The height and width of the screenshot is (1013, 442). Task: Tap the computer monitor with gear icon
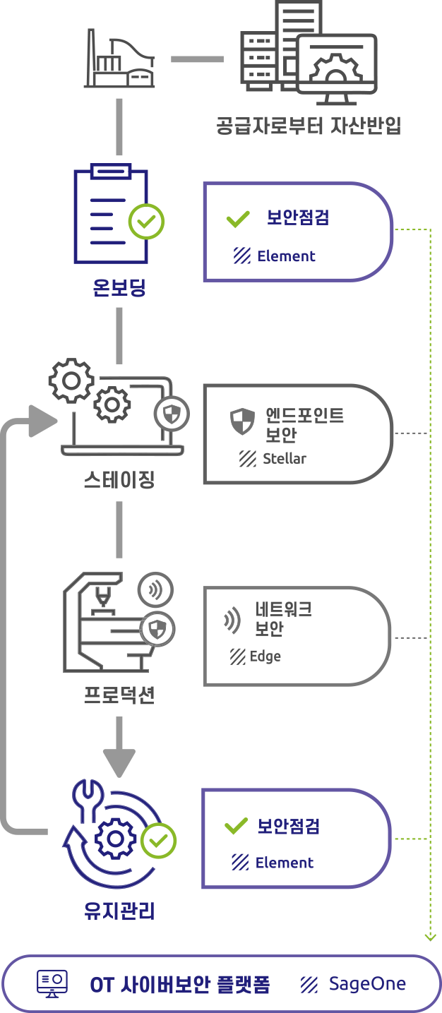click(337, 64)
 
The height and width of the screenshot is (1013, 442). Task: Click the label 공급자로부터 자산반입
click(309, 126)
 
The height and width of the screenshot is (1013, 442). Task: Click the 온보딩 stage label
click(119, 287)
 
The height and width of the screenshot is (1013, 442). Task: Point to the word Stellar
click(285, 459)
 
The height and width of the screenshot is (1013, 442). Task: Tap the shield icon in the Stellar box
click(242, 422)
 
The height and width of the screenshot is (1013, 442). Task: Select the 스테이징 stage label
click(119, 481)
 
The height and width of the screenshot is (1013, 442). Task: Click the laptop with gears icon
click(117, 409)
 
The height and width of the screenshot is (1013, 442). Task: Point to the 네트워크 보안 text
click(283, 618)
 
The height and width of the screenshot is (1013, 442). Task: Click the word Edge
click(265, 657)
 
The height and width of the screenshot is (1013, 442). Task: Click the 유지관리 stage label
click(119, 911)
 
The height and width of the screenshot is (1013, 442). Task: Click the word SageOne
click(367, 984)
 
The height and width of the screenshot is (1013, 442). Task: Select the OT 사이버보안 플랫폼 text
click(180, 985)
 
